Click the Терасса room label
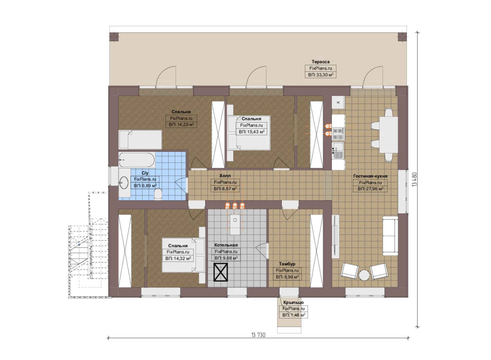[320, 62]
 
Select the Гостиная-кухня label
[370, 176]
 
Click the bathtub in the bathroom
[137, 160]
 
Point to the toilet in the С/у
[158, 194]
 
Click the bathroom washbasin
[124, 182]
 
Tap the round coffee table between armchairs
[364, 275]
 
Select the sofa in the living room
[390, 236]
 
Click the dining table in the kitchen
[389, 135]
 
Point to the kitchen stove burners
[338, 134]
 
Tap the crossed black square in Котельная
[221, 272]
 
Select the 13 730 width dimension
[258, 335]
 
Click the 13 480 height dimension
[414, 179]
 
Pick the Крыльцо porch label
[293, 302]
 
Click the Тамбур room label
[287, 264]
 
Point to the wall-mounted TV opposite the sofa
[335, 236]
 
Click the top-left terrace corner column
[114, 37]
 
